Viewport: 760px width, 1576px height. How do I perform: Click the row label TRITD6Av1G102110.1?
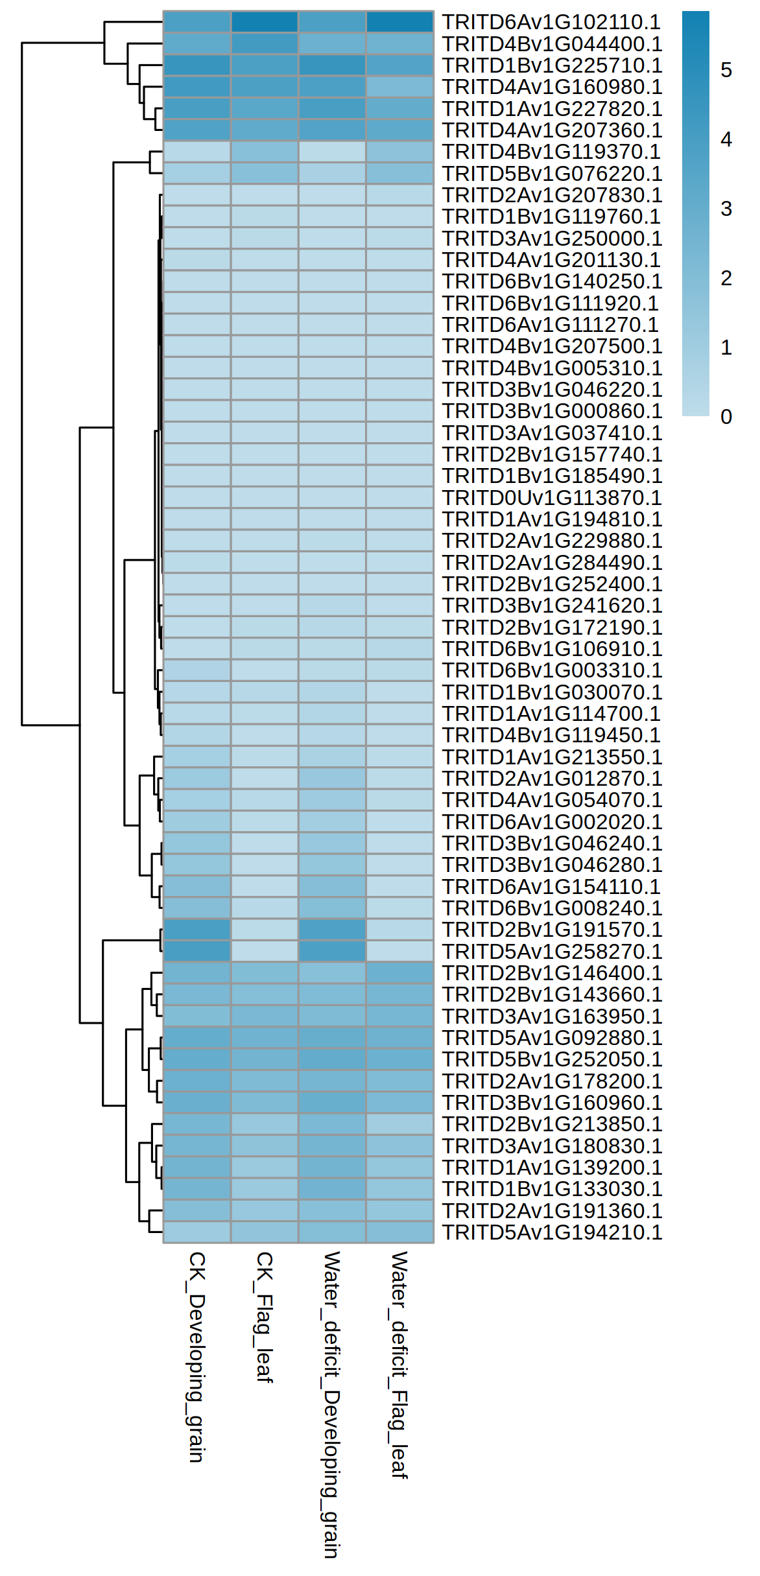(551, 22)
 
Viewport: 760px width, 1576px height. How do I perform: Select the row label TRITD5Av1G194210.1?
(551, 1232)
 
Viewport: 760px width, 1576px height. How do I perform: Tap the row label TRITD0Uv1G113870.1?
(551, 497)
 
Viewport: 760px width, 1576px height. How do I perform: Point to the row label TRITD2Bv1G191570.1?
(551, 929)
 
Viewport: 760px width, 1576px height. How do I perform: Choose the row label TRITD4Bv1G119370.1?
(551, 152)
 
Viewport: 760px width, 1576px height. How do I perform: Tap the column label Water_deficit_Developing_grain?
(332, 1404)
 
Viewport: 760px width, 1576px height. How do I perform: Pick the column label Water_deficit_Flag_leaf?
(399, 1364)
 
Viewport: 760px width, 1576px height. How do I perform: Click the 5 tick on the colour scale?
(726, 70)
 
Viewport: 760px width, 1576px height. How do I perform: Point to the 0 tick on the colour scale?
(726, 416)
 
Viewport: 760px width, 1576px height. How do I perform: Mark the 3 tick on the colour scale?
(726, 209)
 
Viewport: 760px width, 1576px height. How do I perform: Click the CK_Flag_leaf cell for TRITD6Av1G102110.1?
(265, 22)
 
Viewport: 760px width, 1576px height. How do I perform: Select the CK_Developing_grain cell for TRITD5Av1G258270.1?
(197, 951)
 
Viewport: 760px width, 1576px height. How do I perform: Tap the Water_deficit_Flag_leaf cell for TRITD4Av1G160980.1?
(399, 87)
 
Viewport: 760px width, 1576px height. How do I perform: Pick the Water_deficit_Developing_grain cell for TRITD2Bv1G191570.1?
(332, 929)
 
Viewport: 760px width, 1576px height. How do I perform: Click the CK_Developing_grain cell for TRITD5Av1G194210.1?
(197, 1232)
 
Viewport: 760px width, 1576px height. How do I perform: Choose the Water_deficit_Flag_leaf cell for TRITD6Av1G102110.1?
(399, 22)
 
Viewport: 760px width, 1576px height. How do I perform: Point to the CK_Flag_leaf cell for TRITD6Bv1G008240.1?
(265, 908)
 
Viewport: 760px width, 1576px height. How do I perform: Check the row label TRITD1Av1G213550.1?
(551, 757)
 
